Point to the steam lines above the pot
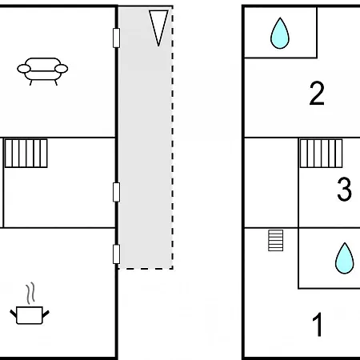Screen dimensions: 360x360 coord(30,294)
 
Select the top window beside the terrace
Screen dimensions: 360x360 coord(116,38)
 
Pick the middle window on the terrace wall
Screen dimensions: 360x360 coord(116,192)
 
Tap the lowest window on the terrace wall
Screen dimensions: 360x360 coord(116,254)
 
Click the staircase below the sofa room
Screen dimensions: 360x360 coord(26,153)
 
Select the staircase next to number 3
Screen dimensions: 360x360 coord(321,153)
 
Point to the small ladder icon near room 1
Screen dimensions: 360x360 coord(275,240)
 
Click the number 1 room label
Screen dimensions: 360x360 coord(318,324)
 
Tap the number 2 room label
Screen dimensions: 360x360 coord(317,93)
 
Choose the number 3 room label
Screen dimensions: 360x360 coord(344,189)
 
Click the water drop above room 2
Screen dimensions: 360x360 coord(280,34)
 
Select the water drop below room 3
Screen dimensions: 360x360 coord(345,258)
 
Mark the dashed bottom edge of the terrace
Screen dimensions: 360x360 coord(146,269)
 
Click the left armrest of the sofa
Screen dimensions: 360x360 coord(24,69)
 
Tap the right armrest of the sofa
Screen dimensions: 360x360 coord(62,69)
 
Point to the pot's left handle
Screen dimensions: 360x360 coord(13,314)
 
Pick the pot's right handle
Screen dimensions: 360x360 coord(46,314)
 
